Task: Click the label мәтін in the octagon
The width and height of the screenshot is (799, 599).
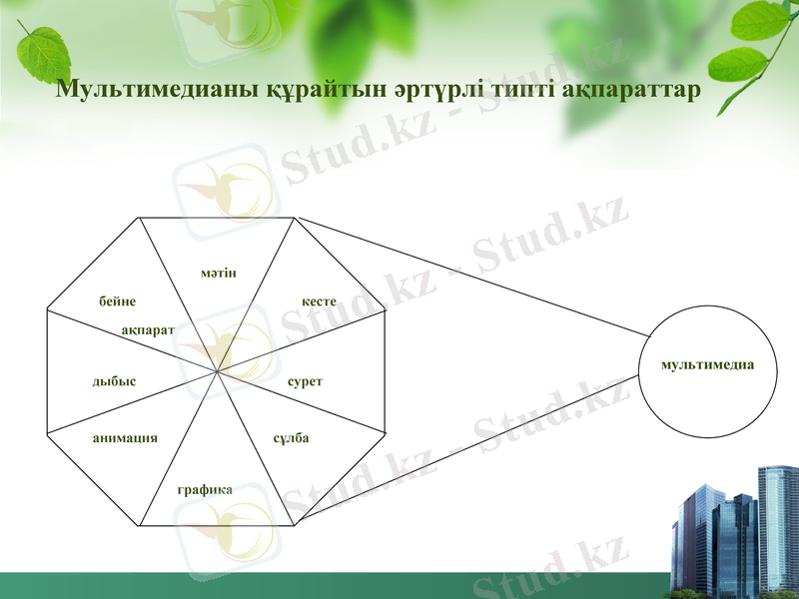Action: (x=218, y=274)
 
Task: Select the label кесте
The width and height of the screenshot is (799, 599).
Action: (x=320, y=301)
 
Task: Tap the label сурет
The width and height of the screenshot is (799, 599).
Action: (x=305, y=382)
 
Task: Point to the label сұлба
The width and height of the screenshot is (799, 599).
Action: (x=291, y=438)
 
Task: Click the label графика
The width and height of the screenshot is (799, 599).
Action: (x=205, y=489)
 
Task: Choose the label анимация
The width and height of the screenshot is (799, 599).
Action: (x=125, y=438)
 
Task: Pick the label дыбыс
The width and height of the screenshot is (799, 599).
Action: (x=114, y=381)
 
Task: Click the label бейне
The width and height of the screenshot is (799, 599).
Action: (x=117, y=301)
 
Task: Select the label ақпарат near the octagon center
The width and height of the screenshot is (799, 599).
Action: (x=148, y=328)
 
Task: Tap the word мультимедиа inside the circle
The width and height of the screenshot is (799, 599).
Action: (x=707, y=365)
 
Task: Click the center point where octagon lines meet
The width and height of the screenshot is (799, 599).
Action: (x=217, y=372)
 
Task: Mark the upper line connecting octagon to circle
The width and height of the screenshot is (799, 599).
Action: (x=469, y=276)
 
